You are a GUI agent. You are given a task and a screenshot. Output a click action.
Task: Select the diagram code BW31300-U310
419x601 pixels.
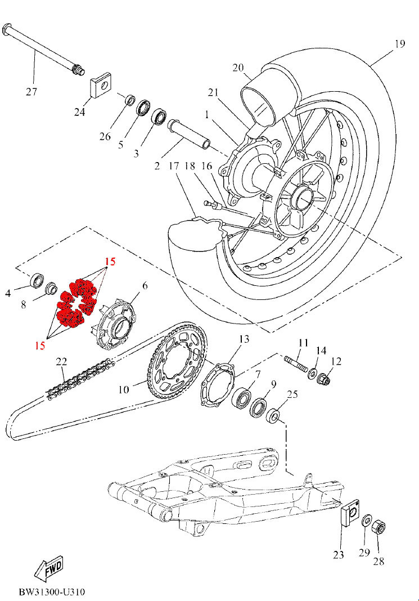pos(52,592)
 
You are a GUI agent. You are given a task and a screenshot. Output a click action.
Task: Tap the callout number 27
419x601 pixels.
pos(31,92)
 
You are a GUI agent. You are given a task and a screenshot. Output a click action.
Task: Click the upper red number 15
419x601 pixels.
pos(110,262)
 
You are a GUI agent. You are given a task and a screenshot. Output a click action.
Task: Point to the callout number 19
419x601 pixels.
pos(399,44)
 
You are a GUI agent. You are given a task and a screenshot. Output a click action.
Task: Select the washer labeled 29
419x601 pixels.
pos(366,521)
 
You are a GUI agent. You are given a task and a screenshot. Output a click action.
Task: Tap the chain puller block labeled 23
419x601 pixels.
pos(350,513)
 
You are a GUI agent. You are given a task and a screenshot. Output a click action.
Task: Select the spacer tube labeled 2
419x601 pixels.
pos(188,133)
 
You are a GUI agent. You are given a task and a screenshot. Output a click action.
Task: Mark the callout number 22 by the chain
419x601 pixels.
pos(61,361)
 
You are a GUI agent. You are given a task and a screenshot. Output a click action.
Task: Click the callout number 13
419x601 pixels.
pos(244,339)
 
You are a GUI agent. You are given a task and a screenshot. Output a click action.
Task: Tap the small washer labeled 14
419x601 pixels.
pos(312,372)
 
